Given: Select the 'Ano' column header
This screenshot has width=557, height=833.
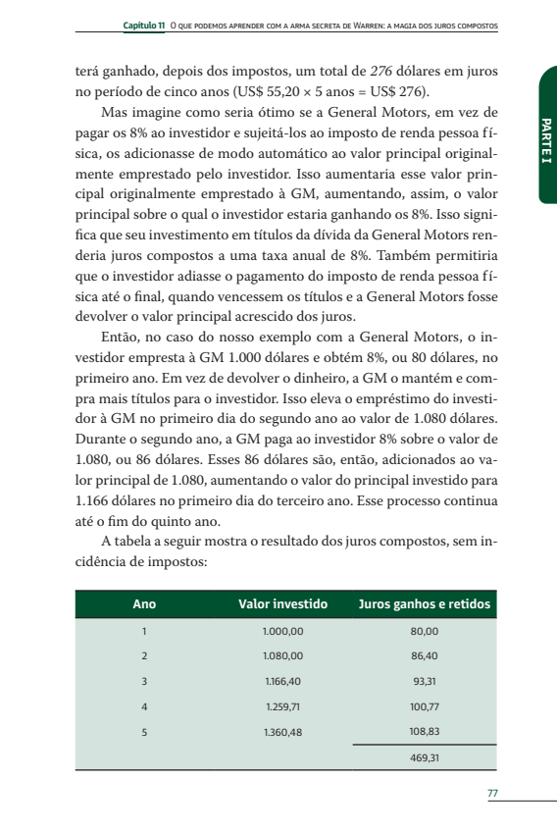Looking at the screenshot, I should pos(143,603).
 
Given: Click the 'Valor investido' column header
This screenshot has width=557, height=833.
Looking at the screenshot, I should pos(283,603).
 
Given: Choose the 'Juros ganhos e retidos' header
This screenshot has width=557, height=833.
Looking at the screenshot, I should pos(425,603).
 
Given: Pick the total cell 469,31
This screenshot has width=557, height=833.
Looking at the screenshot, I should pos(425,757).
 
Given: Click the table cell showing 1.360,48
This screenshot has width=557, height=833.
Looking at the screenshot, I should pos(283,731).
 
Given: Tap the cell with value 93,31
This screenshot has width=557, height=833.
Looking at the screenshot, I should pos(425,680).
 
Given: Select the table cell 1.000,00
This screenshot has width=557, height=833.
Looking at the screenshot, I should pos(283,630).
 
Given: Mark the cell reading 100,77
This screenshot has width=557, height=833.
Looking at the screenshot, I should pos(425,705).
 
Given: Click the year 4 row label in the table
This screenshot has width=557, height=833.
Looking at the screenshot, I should pos(143,705).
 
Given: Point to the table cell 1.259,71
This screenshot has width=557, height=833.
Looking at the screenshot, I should pos(283,705).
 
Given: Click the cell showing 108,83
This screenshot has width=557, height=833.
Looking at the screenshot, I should pos(425,731).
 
